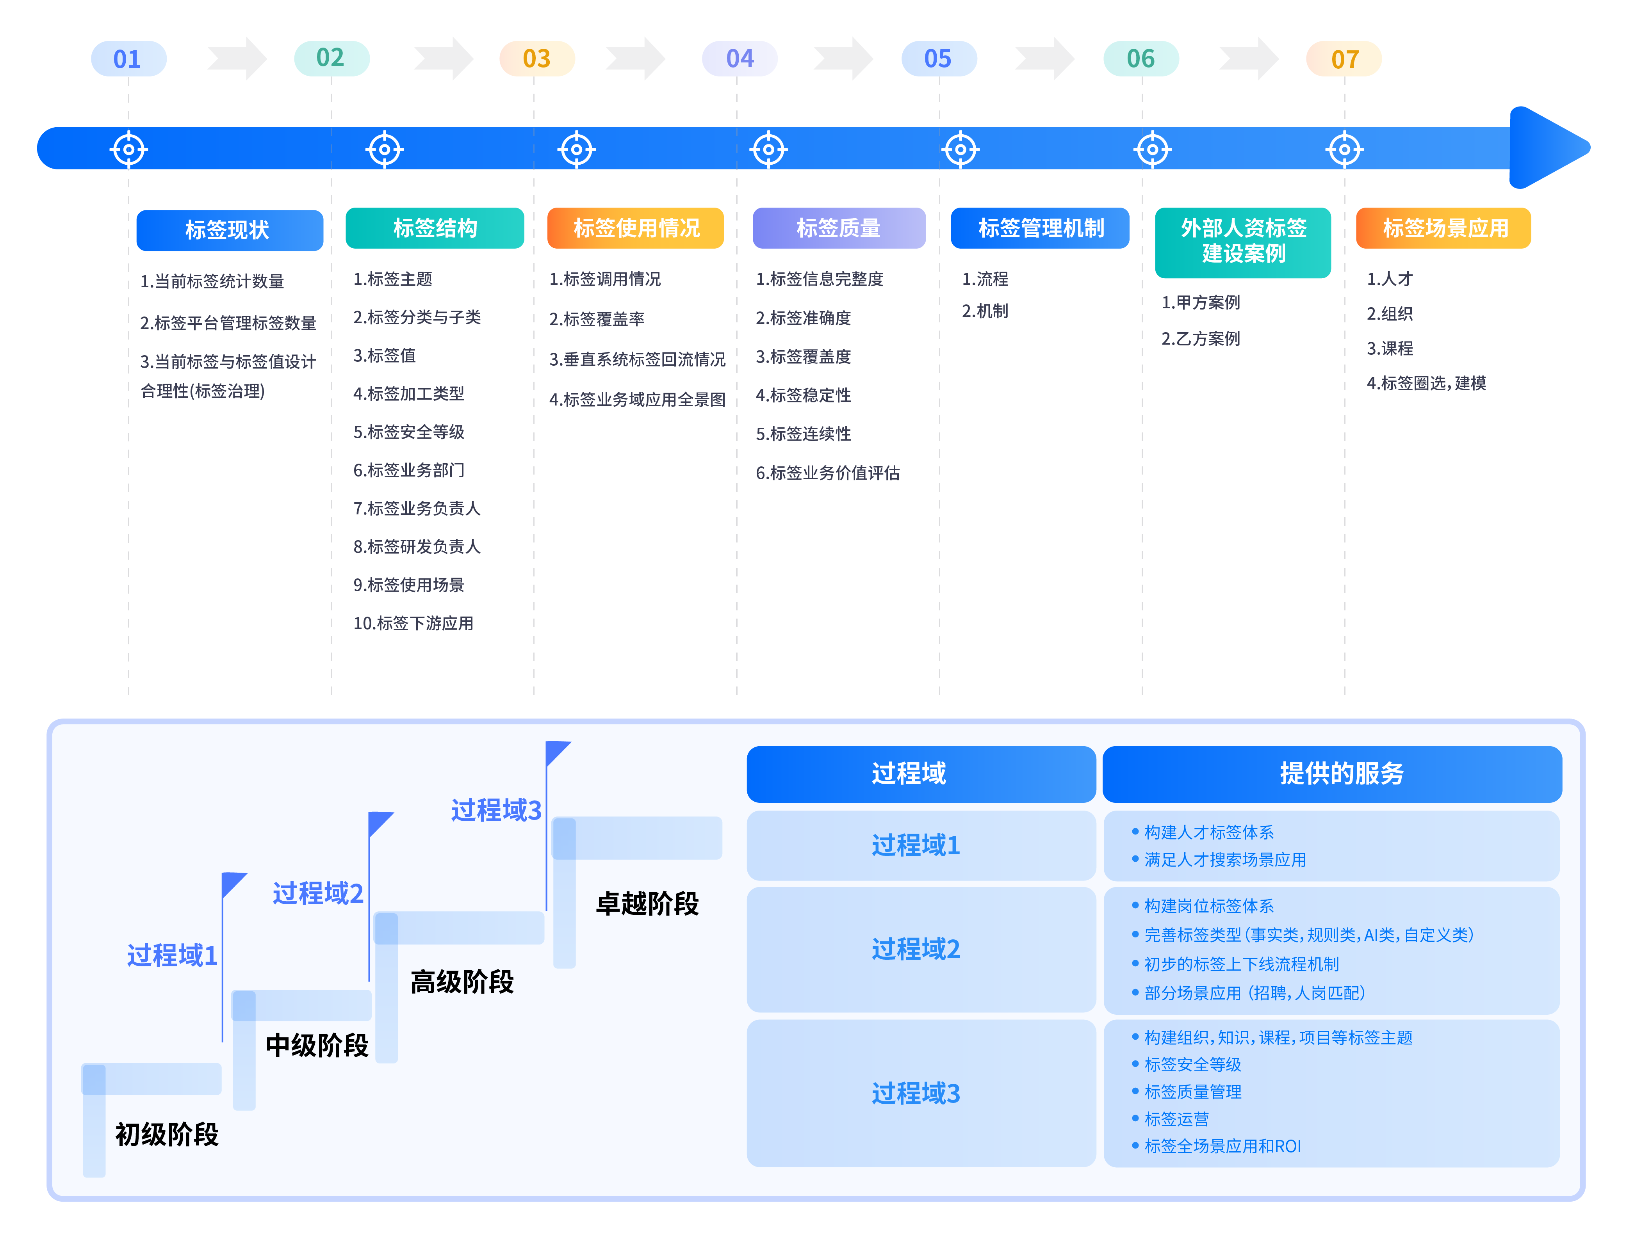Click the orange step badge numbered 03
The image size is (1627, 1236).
point(536,59)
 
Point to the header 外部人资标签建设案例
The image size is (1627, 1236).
point(1243,241)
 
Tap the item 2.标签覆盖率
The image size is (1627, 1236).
point(596,318)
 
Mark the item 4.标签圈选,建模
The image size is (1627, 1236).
point(1426,383)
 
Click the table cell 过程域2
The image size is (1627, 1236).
point(916,949)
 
